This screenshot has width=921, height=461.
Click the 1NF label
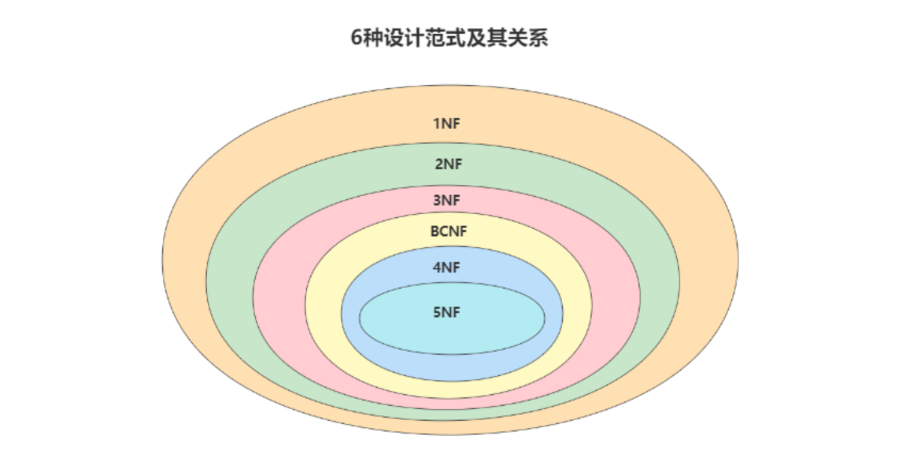pyautogui.click(x=446, y=124)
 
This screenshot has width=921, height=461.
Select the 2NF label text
pyautogui.click(x=448, y=164)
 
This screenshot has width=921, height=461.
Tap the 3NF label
pyautogui.click(x=446, y=200)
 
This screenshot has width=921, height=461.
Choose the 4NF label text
pyautogui.click(x=446, y=267)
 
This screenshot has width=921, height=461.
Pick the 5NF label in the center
pyautogui.click(x=446, y=312)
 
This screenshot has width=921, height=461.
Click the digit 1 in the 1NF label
pyautogui.click(x=435, y=124)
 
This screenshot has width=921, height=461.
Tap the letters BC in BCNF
pyautogui.click(x=439, y=231)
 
